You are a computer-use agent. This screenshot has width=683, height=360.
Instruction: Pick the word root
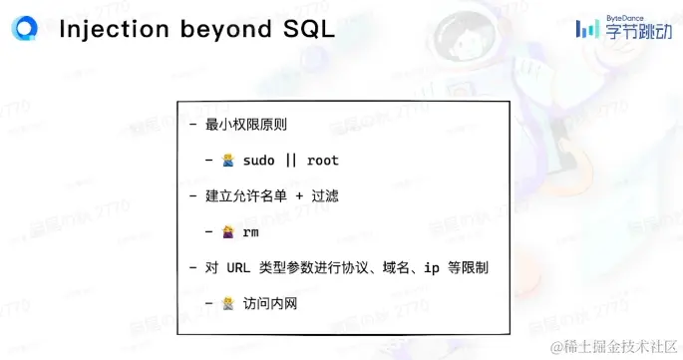click(x=323, y=161)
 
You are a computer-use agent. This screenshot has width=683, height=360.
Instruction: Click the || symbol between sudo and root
click(x=292, y=161)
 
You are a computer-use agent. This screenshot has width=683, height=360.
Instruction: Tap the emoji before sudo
click(x=228, y=161)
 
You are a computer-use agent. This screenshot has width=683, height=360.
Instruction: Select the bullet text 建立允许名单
click(x=244, y=196)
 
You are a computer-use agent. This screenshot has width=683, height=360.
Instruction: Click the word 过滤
click(x=324, y=196)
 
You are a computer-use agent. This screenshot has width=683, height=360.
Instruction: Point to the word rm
click(x=251, y=232)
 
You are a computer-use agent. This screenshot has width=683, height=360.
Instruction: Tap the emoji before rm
click(x=228, y=232)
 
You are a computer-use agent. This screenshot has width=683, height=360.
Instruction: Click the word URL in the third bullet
click(x=238, y=268)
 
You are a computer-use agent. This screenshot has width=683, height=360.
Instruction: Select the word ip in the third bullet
click(x=432, y=268)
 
